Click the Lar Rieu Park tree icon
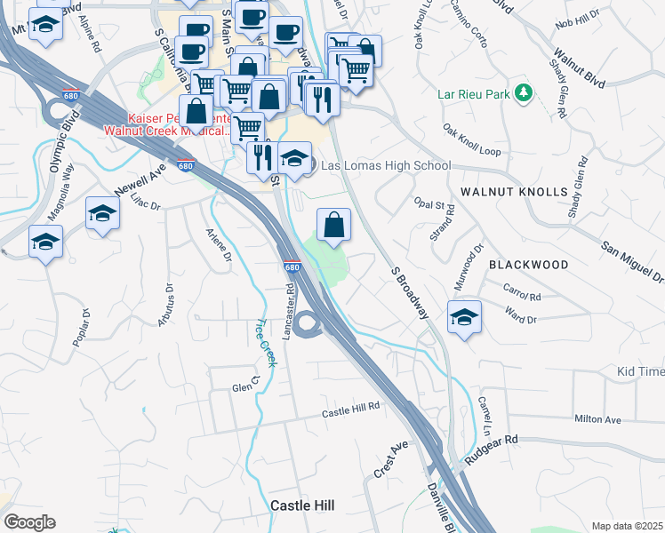[525, 92]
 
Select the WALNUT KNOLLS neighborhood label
[514, 192]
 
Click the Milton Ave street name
[597, 419]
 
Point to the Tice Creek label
[265, 341]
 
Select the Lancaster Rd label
[290, 306]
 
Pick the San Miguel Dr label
[632, 262]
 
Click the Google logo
[28, 522]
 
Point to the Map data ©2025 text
[626, 526]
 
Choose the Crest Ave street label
[390, 459]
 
